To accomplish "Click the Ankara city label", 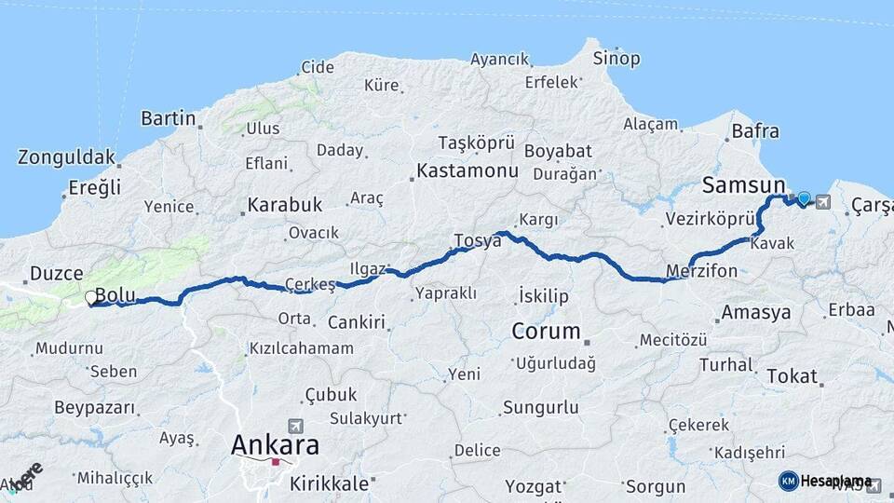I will point(275,444).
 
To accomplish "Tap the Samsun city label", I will point(743,185).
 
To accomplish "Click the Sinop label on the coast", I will point(616,59).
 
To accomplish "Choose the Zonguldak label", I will point(66,157).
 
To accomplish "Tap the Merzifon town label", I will point(702,271).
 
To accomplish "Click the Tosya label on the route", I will point(477,240).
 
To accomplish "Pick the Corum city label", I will point(547,331).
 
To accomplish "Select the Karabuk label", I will point(284,204).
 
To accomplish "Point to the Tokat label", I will point(792,377).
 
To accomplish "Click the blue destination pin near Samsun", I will point(804,198).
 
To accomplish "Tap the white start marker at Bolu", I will point(91,298).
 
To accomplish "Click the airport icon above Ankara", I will point(296,425).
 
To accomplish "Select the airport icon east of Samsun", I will point(823,200).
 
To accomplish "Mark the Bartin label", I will point(169,118).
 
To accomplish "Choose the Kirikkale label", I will point(330,483).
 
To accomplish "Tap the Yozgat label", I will point(534,486).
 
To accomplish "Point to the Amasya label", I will point(756,312).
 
